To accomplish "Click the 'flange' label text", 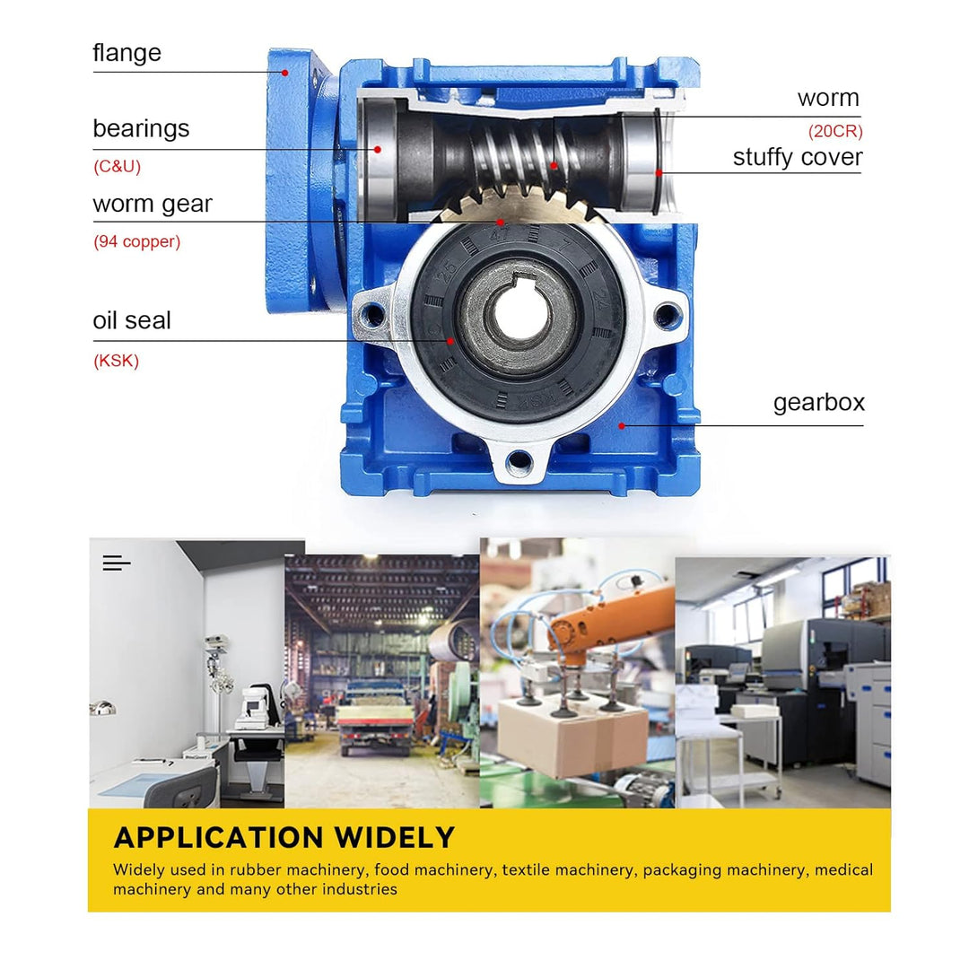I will [127, 53].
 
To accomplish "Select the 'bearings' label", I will [141, 128].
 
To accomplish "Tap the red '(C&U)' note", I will [117, 167].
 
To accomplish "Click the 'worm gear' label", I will [153, 204].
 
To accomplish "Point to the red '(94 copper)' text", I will [136, 242].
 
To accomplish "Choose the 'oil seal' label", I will [131, 320].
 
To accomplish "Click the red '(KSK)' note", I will [116, 362].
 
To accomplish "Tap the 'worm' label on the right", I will [827, 98].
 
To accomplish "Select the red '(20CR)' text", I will [834, 131].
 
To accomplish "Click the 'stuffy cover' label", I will [797, 157].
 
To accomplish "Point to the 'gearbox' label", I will [818, 402].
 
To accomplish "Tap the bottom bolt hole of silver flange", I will [519, 463].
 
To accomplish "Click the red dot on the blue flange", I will [285, 73].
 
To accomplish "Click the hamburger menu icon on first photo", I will [117, 563].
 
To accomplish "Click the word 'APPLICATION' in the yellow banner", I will [219, 838].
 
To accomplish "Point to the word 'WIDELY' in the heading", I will [395, 838].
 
